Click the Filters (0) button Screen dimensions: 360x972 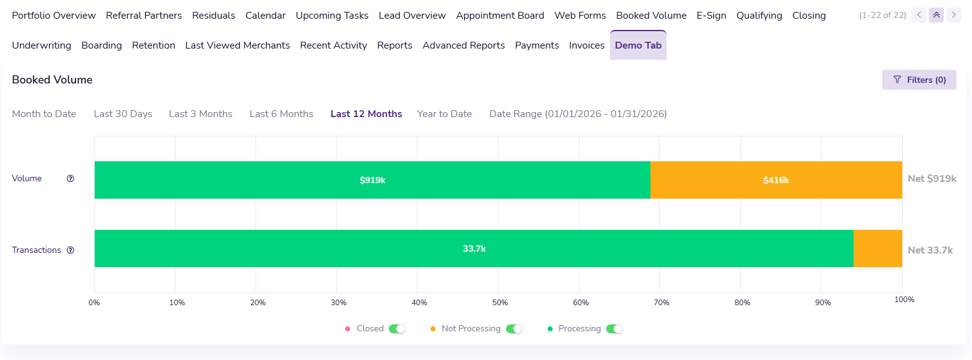coord(919,80)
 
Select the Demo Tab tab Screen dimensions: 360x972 coord(638,45)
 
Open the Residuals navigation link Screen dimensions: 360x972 coord(214,16)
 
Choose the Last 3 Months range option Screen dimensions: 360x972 coord(201,114)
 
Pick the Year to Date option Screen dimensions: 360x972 coord(444,114)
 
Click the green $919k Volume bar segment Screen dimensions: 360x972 coord(372,180)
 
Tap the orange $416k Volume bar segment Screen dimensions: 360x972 coord(776,180)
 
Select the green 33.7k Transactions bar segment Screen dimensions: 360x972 coord(474,249)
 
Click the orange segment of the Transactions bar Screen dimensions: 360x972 coord(877,249)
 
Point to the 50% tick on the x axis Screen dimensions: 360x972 coord(500,303)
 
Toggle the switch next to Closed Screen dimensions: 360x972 coord(397,329)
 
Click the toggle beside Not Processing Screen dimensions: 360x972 coord(514,329)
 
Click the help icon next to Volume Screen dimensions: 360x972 coord(70,179)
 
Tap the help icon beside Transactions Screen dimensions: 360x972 coord(70,250)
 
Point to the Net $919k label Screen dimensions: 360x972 coord(931,179)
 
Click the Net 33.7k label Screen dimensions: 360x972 coord(930,250)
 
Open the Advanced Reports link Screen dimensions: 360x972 coord(464,45)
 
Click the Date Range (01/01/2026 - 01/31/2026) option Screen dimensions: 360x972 coord(578,114)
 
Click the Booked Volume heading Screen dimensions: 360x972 coord(52,80)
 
